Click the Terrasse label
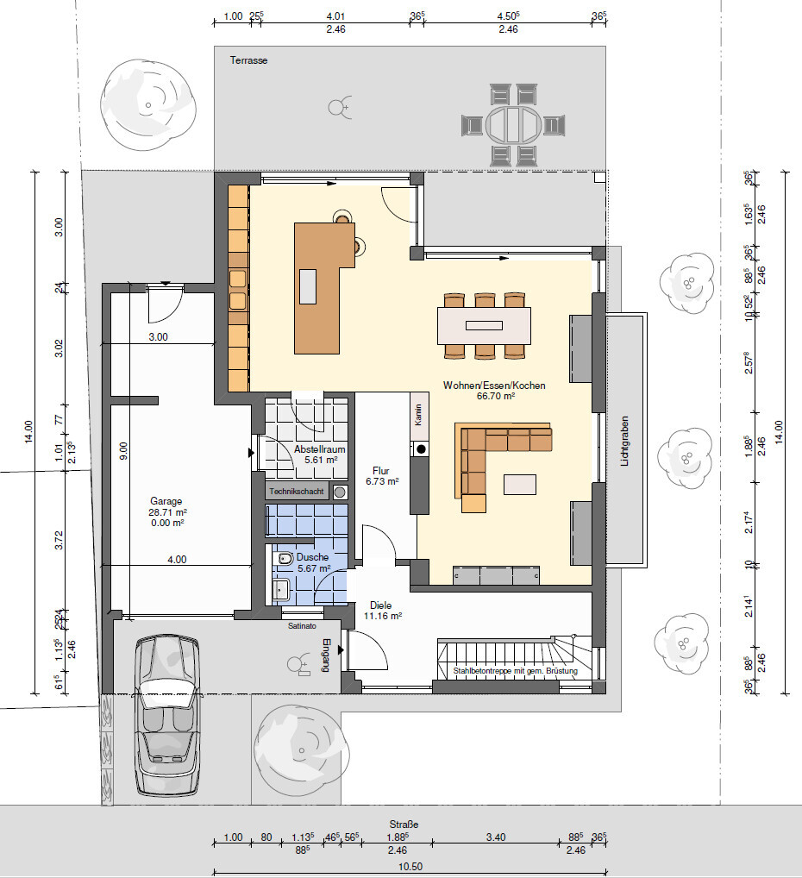click(248, 60)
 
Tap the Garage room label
click(166, 501)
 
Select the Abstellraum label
click(319, 449)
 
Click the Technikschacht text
click(297, 492)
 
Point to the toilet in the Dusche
click(285, 558)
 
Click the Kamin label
click(417, 415)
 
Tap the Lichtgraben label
click(624, 442)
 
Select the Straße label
click(404, 825)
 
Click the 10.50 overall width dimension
click(410, 866)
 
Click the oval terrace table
click(514, 125)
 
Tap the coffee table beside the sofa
click(520, 485)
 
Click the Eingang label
click(327, 655)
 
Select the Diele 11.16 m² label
click(382, 611)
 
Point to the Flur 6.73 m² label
click(382, 476)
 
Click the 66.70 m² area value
click(496, 396)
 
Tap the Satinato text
click(302, 626)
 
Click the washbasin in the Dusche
click(280, 590)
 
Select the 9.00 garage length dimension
click(124, 451)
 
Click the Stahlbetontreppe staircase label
click(515, 671)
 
